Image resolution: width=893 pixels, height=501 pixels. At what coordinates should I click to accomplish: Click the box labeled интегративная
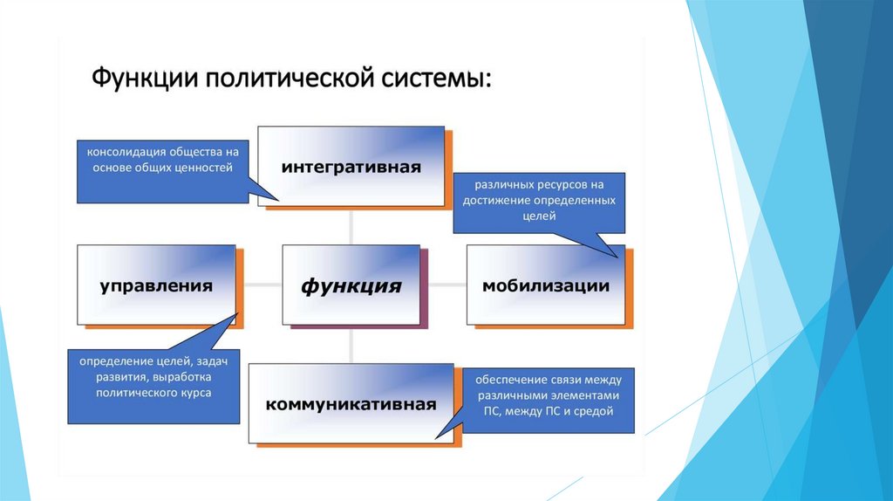tap(351, 166)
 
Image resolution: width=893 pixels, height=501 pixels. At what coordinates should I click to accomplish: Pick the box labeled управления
tap(156, 285)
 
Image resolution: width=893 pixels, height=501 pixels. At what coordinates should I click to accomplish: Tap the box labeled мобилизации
tap(545, 285)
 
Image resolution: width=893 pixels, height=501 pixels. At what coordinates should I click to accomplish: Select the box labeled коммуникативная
tap(351, 404)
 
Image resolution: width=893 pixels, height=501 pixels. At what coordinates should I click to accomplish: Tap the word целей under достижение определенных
tap(539, 216)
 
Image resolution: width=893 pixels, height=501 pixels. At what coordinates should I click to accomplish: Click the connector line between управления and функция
tap(262, 285)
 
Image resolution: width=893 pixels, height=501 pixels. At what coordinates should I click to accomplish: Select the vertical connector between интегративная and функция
tap(351, 227)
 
